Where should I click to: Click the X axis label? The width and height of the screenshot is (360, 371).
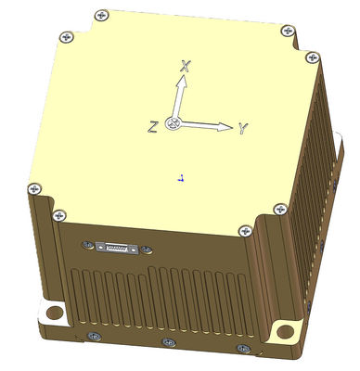(x=186, y=66)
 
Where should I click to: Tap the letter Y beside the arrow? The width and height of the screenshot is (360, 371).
(x=243, y=129)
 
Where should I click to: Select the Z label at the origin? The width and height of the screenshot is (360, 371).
(x=153, y=126)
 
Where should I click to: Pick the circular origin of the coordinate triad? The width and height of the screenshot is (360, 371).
(x=173, y=123)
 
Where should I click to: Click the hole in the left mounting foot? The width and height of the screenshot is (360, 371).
(x=52, y=311)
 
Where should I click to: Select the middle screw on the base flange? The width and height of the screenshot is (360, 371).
(x=167, y=342)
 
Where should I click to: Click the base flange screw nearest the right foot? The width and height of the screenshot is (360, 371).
(x=244, y=349)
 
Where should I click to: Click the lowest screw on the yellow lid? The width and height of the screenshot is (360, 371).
(x=244, y=231)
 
